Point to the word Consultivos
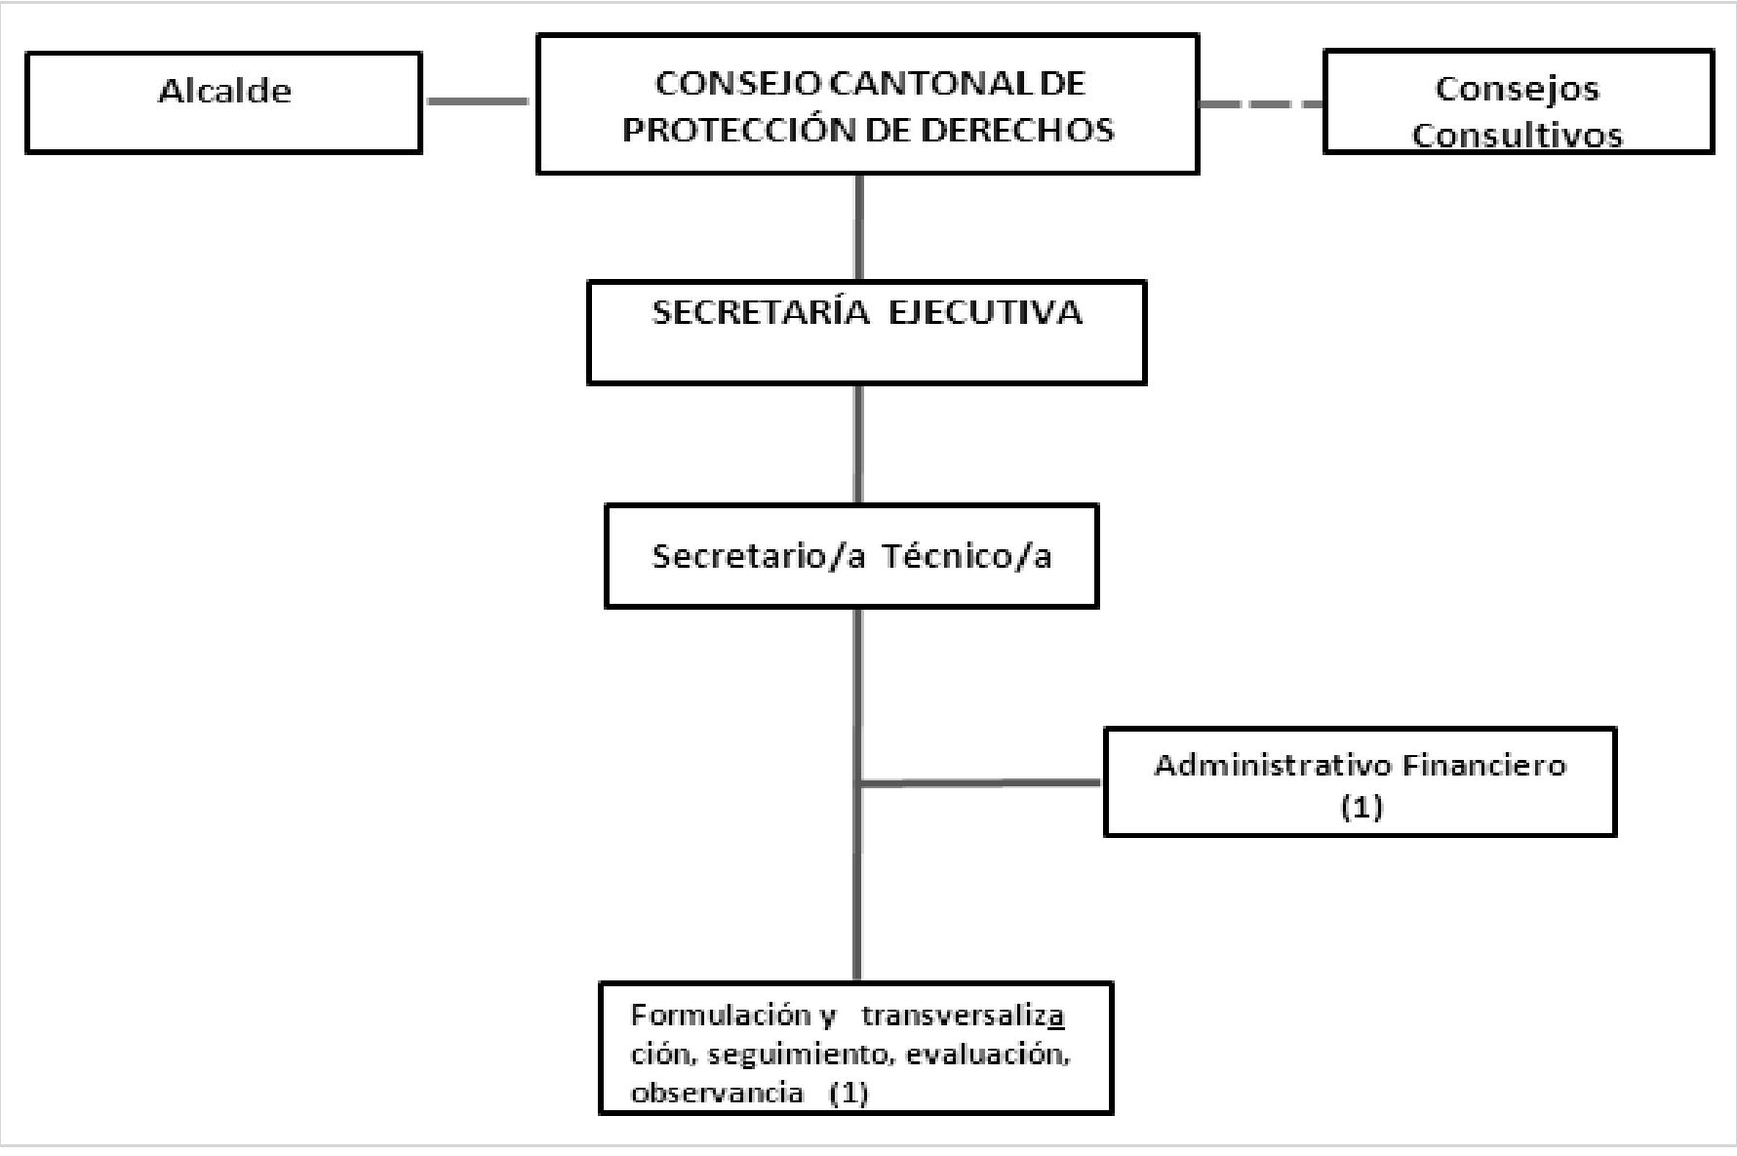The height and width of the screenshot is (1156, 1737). click(x=1517, y=136)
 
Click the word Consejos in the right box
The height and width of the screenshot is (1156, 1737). click(x=1517, y=89)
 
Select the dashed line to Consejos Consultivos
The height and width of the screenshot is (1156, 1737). click(x=1260, y=103)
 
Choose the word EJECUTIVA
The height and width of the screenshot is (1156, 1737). click(x=985, y=313)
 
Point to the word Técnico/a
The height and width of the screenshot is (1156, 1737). click(x=967, y=556)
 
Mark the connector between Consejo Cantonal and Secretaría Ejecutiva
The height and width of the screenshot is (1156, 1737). click(x=859, y=227)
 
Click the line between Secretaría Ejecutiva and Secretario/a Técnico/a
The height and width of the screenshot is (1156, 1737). click(x=858, y=444)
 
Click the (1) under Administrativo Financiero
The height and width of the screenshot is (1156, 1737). click(x=1362, y=807)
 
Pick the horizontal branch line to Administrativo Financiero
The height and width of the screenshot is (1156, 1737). click(x=980, y=782)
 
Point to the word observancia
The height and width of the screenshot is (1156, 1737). click(x=717, y=1093)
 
